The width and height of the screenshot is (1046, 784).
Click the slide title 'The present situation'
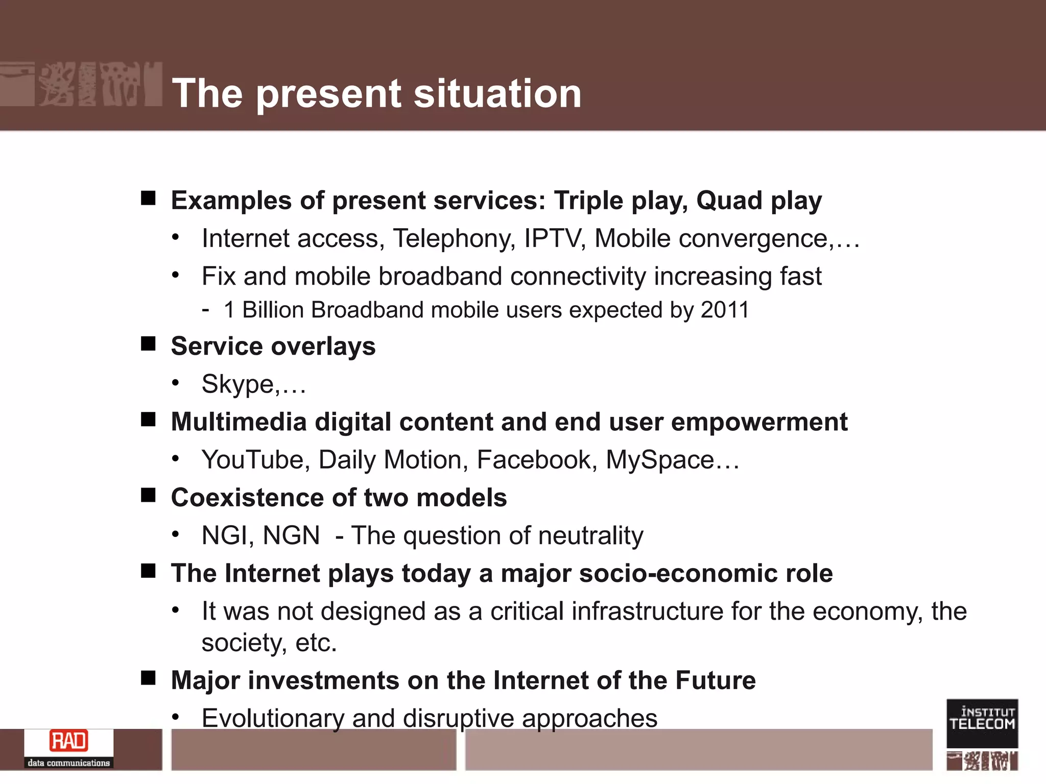(377, 94)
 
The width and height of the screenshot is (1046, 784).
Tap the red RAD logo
(68, 741)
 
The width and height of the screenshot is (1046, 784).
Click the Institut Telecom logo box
(982, 723)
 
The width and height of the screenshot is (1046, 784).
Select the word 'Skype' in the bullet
(238, 384)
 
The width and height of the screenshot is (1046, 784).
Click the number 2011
(725, 310)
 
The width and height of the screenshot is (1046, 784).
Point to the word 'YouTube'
(252, 460)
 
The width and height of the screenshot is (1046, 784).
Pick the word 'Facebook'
(533, 460)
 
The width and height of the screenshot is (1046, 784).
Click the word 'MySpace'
(659, 460)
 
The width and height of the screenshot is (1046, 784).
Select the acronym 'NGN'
(291, 536)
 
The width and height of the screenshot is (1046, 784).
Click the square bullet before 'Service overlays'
(148, 344)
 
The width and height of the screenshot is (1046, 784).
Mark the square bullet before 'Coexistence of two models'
(148, 495)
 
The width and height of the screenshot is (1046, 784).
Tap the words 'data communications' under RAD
(68, 763)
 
